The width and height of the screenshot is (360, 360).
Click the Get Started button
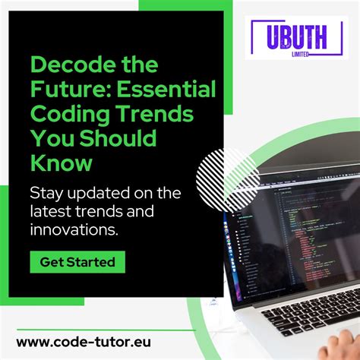pyautogui.click(x=77, y=262)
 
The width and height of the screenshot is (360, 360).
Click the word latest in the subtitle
pyautogui.click(x=49, y=210)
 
